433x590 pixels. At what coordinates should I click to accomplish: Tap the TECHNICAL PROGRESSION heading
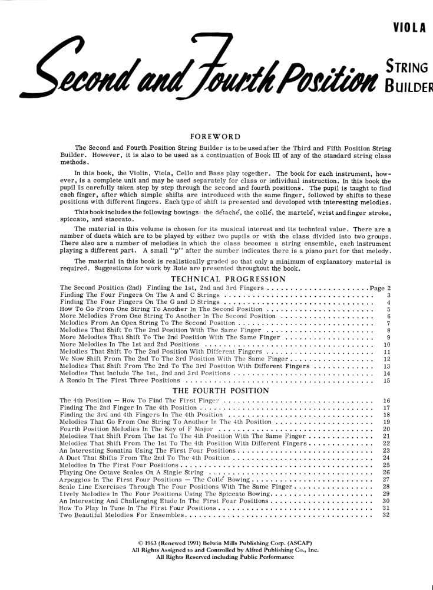pos(228,278)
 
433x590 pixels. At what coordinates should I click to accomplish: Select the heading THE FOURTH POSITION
pos(221,390)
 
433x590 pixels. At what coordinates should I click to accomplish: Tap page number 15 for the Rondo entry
pos(386,381)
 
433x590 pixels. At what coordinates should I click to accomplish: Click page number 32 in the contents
pos(386,515)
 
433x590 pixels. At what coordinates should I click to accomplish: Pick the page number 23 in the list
pos(386,450)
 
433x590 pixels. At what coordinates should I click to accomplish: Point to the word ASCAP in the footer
pos(284,542)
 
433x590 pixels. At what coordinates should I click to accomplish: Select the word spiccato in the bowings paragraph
pos(74,218)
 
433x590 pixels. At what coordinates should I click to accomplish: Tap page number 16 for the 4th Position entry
pos(386,400)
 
